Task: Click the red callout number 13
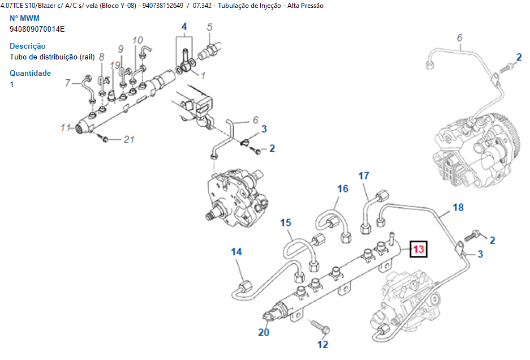click(419, 248)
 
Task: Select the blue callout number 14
click(236, 251)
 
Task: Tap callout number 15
click(285, 223)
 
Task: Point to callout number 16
click(343, 188)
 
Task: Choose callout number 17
click(363, 175)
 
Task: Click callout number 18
click(458, 207)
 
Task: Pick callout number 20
click(264, 332)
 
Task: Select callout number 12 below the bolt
click(322, 344)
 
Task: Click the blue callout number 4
click(184, 27)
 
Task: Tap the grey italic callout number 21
click(129, 140)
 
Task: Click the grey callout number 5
click(209, 27)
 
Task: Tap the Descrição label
click(28, 46)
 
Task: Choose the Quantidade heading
click(30, 73)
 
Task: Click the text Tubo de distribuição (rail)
click(52, 57)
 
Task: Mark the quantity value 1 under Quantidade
click(12, 84)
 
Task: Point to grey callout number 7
click(67, 83)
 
